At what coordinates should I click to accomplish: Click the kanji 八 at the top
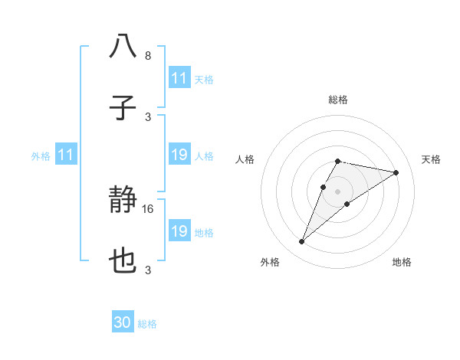click(x=123, y=46)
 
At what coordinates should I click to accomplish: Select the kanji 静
click(x=123, y=201)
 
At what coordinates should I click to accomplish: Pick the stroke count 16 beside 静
click(x=149, y=208)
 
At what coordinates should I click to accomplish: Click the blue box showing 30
click(x=123, y=323)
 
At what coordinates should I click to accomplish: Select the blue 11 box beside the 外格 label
click(x=65, y=155)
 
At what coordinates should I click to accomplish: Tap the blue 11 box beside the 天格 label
click(x=179, y=78)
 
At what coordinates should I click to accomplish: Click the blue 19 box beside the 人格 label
click(x=179, y=155)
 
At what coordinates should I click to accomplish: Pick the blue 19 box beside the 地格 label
click(x=179, y=231)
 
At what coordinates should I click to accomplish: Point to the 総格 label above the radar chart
click(x=337, y=100)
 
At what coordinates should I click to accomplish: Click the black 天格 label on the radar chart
click(x=431, y=159)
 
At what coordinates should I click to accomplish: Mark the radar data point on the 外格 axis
click(x=302, y=242)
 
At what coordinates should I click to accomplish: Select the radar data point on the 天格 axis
click(x=396, y=172)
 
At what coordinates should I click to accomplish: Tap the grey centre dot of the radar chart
click(x=337, y=191)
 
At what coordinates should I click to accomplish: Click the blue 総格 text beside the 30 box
click(x=147, y=324)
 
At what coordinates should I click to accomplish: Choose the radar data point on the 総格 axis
click(x=337, y=161)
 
